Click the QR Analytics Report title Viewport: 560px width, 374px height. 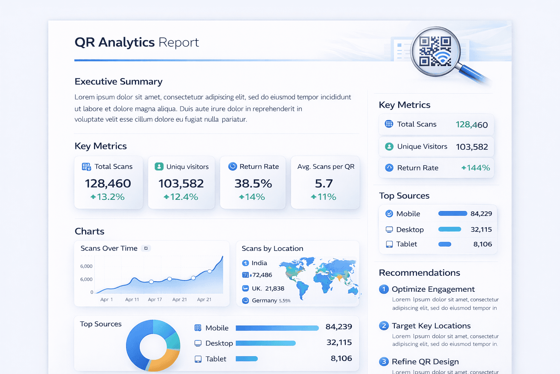[x=137, y=42]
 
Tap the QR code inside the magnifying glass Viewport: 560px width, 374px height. [x=435, y=51]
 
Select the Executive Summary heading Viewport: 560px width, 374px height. [x=118, y=81]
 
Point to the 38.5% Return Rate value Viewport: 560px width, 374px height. [x=253, y=183]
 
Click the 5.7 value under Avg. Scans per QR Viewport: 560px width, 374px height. [x=324, y=183]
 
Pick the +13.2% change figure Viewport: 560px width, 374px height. [x=108, y=197]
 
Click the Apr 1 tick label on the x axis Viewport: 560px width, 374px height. [x=106, y=299]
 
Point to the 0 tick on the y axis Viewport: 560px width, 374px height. [x=92, y=292]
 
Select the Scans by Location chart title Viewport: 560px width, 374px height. [x=272, y=248]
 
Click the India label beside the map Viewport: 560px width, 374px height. [x=259, y=263]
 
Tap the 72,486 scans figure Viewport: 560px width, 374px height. [x=262, y=275]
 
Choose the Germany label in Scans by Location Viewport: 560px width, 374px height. [x=264, y=300]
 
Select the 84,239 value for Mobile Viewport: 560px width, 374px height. [x=339, y=327]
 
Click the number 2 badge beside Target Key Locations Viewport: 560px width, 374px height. [x=384, y=325]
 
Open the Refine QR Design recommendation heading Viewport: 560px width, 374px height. [x=425, y=362]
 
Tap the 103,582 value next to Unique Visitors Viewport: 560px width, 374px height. [x=472, y=147]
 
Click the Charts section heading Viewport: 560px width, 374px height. [x=89, y=231]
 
